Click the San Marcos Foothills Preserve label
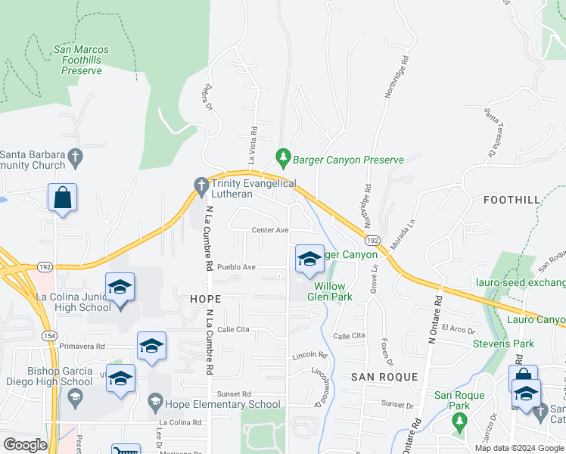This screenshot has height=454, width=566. [82, 60]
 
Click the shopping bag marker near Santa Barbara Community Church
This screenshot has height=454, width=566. [62, 198]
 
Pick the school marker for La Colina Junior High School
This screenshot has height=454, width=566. [120, 288]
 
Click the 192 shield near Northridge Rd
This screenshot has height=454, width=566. [371, 239]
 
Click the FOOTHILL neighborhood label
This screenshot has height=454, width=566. [512, 200]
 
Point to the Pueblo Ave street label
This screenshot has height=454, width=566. [237, 267]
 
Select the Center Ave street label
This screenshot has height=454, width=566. [270, 230]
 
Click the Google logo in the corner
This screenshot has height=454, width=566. [25, 445]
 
